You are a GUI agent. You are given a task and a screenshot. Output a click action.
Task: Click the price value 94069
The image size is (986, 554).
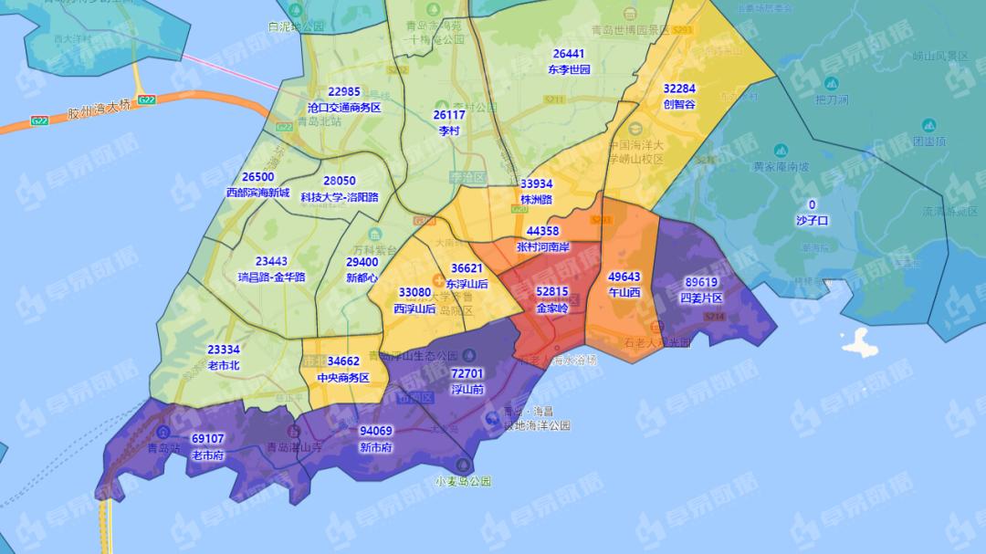pos(375,432)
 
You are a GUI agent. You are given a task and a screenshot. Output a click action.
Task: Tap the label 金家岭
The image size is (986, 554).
pos(551,308)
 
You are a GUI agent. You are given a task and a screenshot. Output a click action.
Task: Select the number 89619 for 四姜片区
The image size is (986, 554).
pos(701,283)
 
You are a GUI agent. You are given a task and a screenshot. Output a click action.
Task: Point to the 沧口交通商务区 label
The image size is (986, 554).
pos(344,107)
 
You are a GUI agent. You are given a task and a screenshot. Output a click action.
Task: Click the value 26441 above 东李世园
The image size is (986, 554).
pos(569,54)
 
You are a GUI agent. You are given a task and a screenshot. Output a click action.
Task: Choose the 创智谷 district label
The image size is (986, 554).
pos(679,104)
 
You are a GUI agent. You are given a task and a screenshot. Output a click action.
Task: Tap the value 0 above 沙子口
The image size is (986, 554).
pos(812,204)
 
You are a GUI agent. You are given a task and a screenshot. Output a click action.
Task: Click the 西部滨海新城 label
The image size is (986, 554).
pos(257,193)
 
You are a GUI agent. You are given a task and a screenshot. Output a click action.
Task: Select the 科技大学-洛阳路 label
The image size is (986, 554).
pos(340,196)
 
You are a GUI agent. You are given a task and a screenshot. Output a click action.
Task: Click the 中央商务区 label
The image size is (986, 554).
pos(343,377)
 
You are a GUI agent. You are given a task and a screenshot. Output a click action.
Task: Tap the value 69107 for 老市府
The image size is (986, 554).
pos(207,438)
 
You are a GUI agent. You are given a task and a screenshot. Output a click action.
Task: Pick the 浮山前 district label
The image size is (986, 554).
pos(467,389)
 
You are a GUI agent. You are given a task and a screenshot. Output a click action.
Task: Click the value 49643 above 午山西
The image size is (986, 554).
pos(624,277)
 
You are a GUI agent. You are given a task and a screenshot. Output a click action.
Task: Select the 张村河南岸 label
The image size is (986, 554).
pos(542,246)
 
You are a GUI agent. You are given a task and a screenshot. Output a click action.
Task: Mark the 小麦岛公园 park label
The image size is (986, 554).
pos(463,481)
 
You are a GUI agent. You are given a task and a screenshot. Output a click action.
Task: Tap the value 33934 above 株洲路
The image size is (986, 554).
pos(536,183)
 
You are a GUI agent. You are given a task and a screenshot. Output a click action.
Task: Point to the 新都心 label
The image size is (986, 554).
pos(362,277)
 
